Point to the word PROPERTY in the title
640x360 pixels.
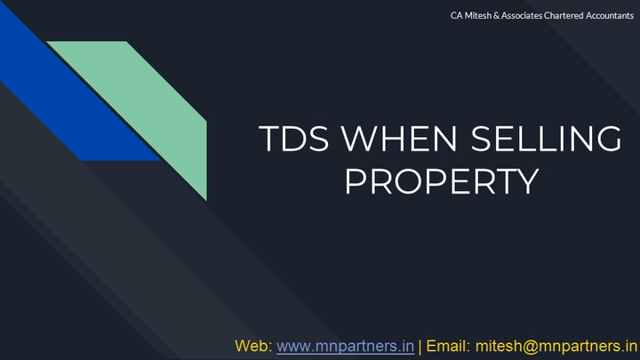pos(442,181)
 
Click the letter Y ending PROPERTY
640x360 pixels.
pos(526,181)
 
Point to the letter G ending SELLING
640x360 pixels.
pos(607,140)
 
